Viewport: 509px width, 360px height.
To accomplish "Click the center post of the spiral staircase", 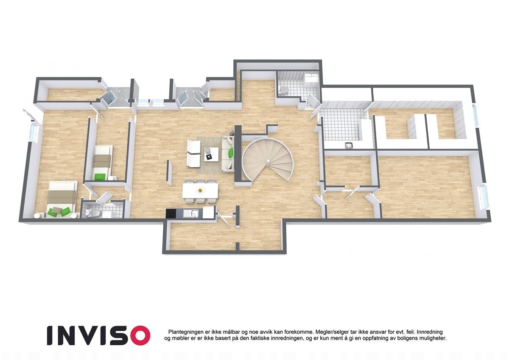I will coord(268,160).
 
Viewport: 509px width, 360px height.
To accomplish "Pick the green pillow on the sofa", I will coord(231,152).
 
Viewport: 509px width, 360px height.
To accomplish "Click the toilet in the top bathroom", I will coord(284,89).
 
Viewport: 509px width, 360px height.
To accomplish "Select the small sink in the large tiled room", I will coord(349,146).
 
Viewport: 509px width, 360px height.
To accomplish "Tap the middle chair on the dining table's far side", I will coord(200,181).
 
